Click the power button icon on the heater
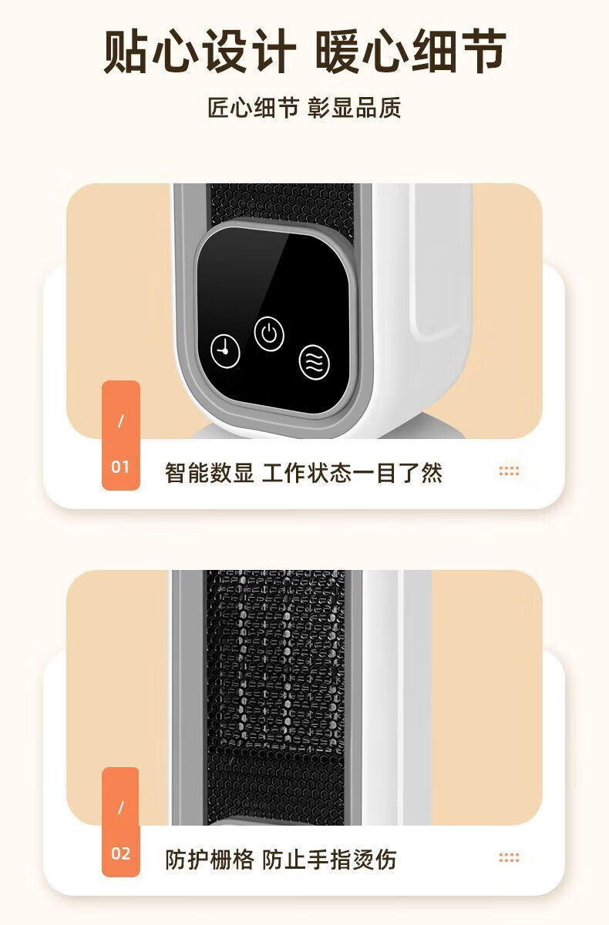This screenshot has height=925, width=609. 269,333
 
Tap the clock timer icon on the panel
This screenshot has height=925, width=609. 225,351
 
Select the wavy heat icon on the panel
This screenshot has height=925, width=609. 315,362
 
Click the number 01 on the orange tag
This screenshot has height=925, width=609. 120,467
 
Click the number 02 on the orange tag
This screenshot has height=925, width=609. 120,853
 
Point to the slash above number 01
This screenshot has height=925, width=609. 121,421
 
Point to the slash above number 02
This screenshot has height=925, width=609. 121,808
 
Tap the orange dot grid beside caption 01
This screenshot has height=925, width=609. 509,471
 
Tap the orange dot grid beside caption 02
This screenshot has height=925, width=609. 509,858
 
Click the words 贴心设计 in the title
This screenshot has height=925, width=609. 200,52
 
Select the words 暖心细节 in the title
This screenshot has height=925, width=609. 411,52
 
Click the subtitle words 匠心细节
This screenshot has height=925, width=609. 253,108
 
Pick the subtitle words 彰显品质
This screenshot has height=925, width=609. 355,108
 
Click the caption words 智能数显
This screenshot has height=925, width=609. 209,473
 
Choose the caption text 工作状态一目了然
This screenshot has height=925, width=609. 352,473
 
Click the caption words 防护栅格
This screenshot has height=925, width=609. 209,860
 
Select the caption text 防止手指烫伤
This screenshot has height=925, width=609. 329,860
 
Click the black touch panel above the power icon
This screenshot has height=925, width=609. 274,273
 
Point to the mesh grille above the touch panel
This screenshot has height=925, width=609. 282,203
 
